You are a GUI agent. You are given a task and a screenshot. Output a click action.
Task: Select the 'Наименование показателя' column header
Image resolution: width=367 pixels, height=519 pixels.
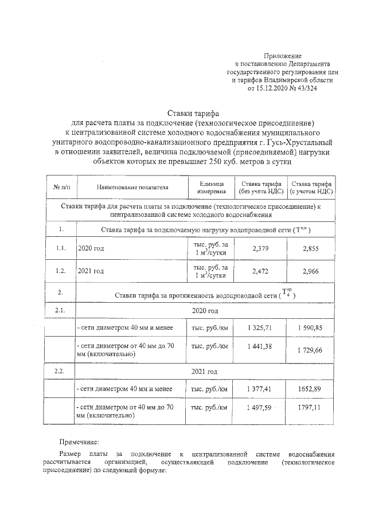pos(132,187)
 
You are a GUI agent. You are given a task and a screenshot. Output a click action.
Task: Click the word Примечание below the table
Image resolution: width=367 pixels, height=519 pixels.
pos(80,442)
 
